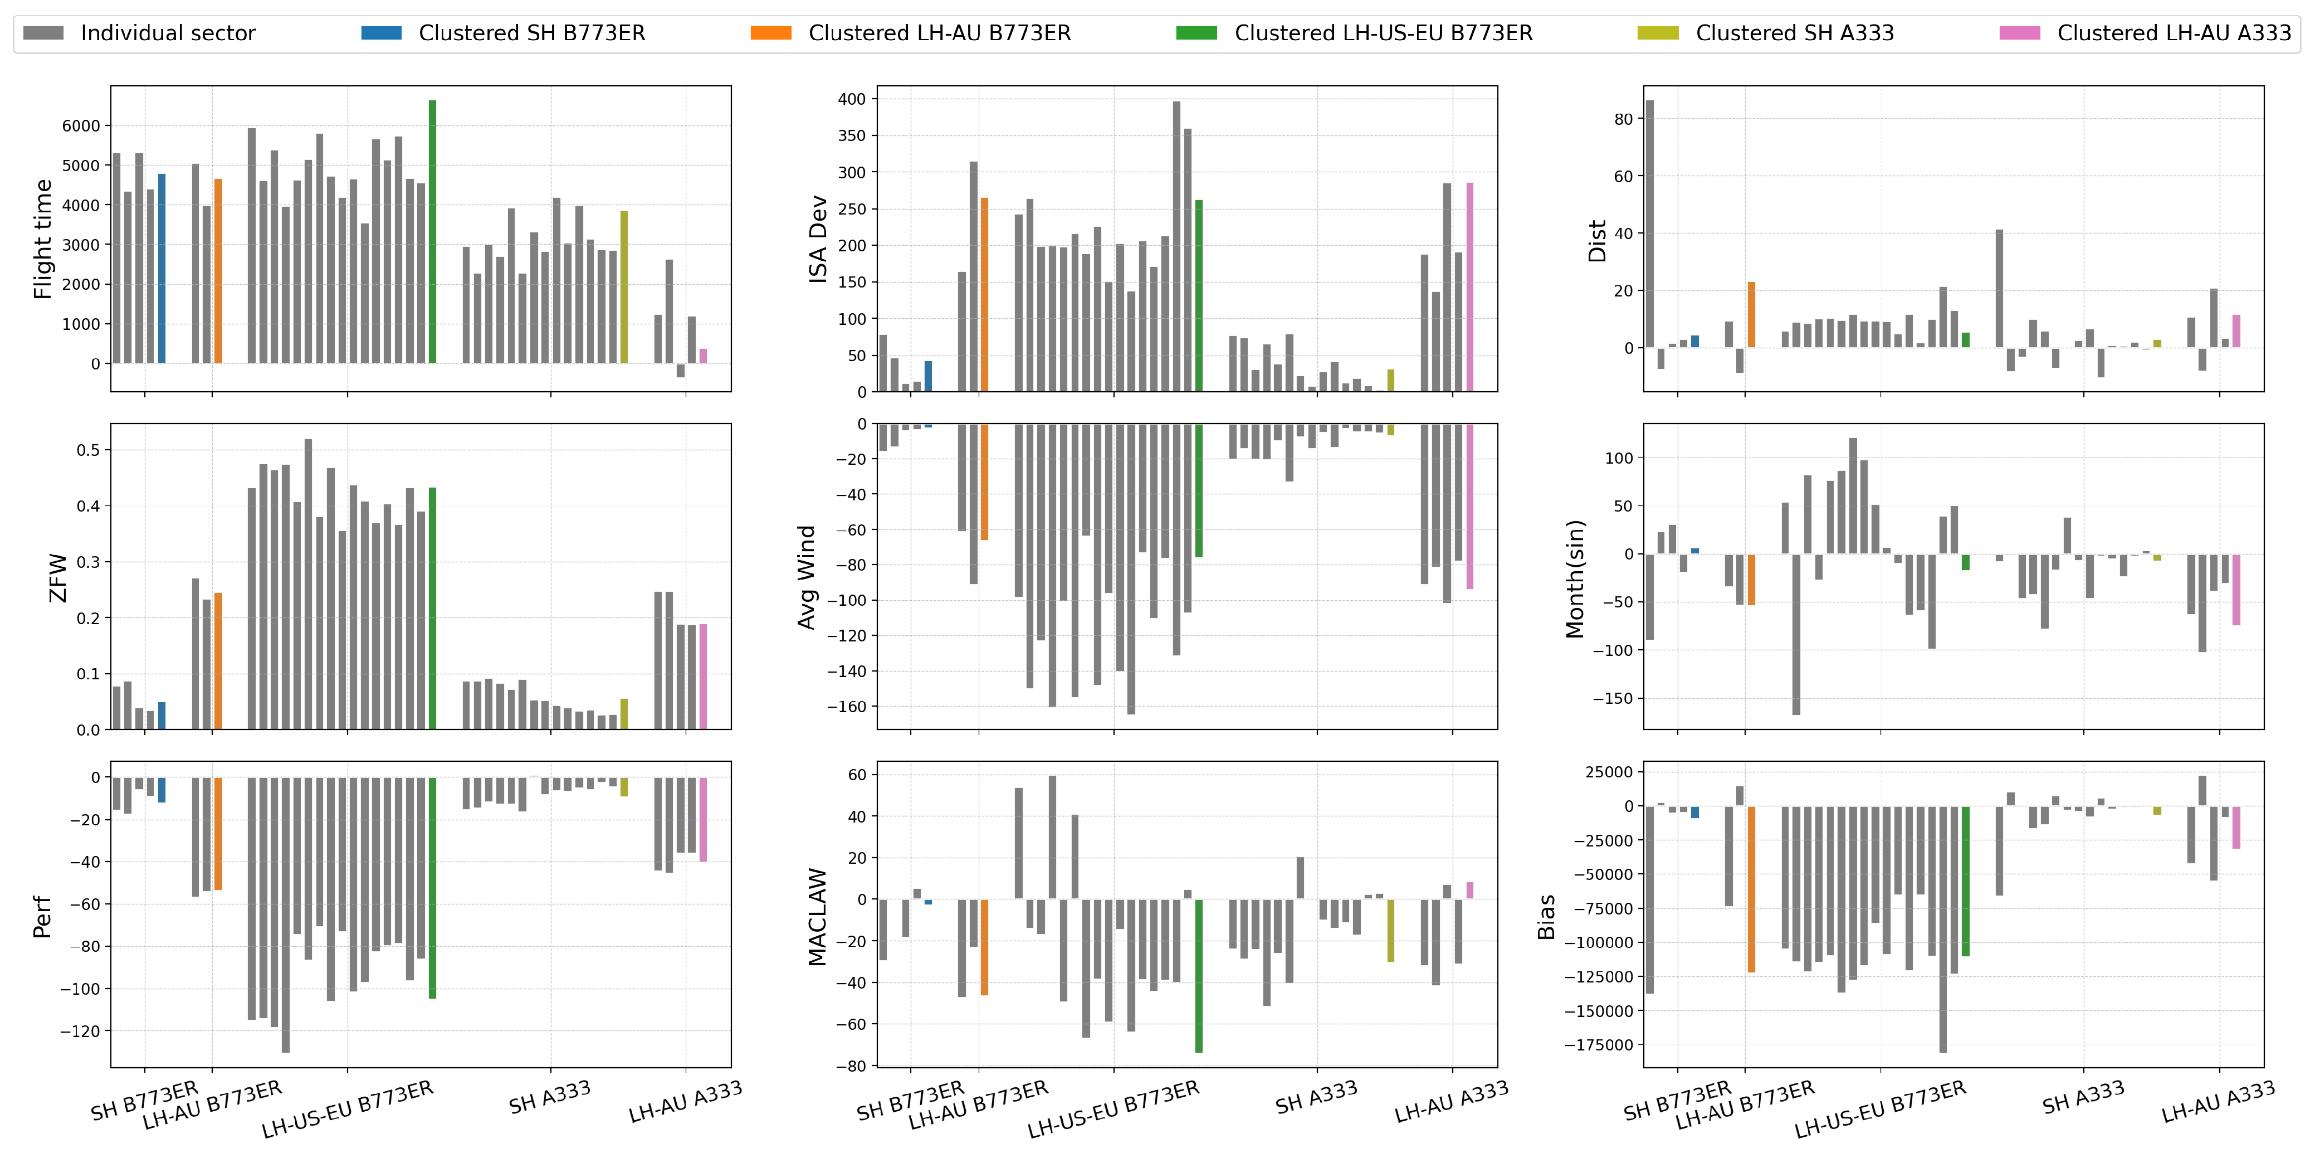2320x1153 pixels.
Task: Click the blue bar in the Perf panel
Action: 162,790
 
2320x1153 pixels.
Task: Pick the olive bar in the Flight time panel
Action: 624,288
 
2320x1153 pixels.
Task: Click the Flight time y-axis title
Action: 42,239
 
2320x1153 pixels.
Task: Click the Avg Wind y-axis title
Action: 807,576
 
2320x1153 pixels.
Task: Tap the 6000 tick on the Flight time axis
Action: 81,126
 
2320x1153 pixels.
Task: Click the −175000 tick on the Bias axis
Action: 1597,1045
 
